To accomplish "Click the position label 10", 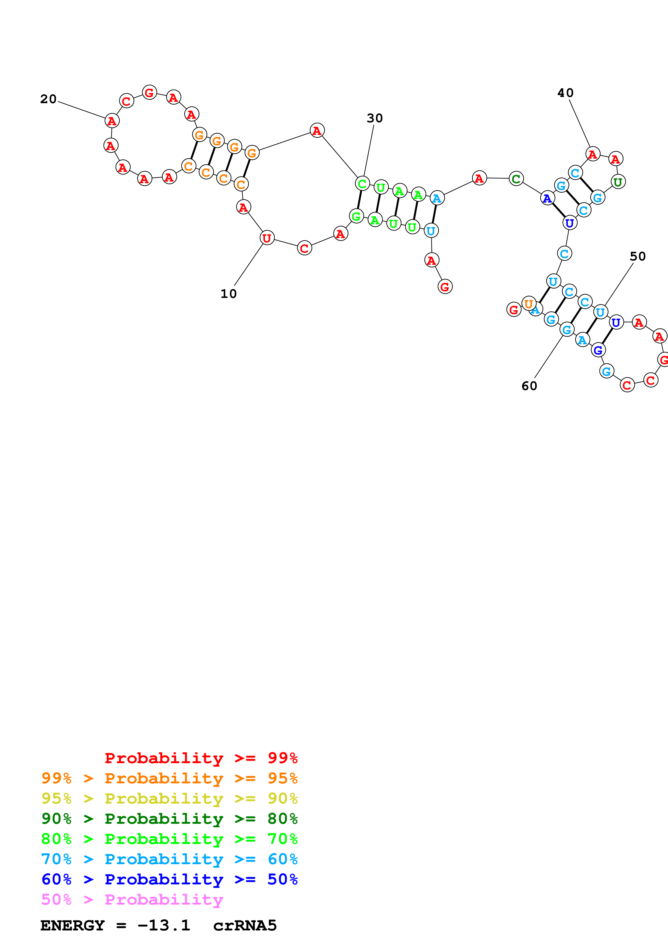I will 229,294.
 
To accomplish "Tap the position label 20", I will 48,99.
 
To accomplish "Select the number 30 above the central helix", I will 375,119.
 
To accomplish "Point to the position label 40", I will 565,93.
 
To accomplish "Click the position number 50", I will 638,256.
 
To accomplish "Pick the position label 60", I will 529,386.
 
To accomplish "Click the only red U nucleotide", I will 267,238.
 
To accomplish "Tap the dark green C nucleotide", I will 516,179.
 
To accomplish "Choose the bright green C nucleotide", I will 362,183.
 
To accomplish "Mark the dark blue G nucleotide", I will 598,350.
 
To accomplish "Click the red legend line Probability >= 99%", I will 201,758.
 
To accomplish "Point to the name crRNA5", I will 245,926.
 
